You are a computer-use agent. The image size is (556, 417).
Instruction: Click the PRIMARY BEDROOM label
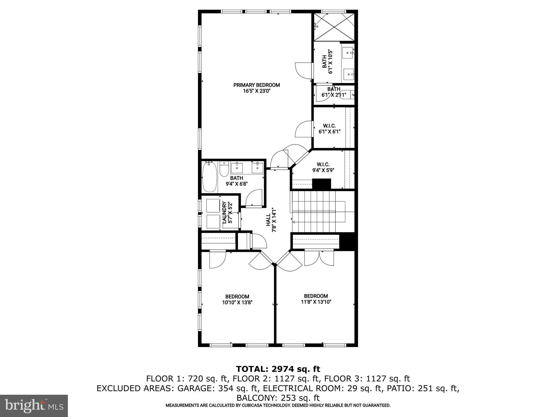[x=257, y=85]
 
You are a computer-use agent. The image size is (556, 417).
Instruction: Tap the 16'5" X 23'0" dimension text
[x=257, y=91]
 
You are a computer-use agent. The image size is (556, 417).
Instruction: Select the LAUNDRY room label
[x=224, y=212]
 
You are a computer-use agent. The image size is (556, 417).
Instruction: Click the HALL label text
[x=268, y=220]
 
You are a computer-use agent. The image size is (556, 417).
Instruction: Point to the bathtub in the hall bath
[x=210, y=177]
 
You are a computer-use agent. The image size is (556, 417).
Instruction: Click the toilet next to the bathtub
[x=224, y=170]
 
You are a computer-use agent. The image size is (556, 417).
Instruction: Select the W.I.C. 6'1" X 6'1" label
[x=329, y=129]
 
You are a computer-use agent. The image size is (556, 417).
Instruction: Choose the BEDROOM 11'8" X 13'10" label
[x=316, y=299]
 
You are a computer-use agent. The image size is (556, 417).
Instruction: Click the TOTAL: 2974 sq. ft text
[x=278, y=369]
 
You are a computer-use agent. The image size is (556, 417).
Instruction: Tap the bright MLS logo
[x=34, y=406]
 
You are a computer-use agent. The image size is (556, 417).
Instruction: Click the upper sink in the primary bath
[x=348, y=53]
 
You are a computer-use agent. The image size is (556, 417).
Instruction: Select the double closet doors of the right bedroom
[x=319, y=258]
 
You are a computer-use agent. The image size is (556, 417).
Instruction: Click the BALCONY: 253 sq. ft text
[x=278, y=398]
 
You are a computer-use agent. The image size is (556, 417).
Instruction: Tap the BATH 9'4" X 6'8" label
[x=237, y=181]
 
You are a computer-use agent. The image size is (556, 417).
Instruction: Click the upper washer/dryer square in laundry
[x=213, y=206]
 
